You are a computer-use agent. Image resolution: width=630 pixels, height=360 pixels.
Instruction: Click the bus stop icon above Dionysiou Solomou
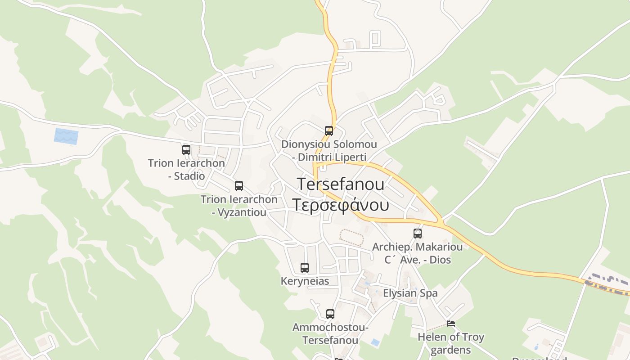tap(329, 131)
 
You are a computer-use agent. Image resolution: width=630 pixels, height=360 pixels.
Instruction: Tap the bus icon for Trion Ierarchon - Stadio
tap(186, 150)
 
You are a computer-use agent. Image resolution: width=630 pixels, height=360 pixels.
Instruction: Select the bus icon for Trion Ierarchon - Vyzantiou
tap(239, 185)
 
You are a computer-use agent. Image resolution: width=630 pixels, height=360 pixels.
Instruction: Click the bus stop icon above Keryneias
tap(305, 268)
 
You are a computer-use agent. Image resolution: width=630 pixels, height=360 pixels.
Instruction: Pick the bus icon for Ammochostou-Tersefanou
tap(330, 314)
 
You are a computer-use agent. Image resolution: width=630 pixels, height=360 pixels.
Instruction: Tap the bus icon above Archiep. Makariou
tap(418, 234)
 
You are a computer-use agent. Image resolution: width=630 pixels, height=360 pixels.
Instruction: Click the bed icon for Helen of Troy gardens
tap(451, 323)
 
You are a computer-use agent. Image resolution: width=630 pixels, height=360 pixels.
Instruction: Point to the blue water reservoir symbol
tap(66, 136)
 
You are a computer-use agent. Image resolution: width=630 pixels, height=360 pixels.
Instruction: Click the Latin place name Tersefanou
tap(341, 184)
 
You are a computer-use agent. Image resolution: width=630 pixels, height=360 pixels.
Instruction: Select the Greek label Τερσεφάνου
tap(341, 205)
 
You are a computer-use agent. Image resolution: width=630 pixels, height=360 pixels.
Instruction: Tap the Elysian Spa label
tap(410, 293)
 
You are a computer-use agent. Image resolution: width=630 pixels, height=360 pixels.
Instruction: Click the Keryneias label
tap(305, 281)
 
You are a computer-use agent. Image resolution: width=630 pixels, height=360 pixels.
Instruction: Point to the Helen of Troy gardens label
tap(451, 343)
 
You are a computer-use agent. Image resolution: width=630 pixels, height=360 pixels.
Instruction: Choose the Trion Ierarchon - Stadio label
tap(186, 169)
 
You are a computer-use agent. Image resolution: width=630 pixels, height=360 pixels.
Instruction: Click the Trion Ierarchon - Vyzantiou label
tap(239, 206)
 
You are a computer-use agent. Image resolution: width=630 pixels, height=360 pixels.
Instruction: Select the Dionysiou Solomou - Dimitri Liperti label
tap(329, 151)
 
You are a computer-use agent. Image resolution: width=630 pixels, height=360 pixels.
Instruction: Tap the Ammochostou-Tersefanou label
tap(330, 333)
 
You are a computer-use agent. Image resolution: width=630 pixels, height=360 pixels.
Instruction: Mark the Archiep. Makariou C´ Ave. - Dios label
tap(417, 253)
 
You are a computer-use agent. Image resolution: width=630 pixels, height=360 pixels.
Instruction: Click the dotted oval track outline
tap(351, 237)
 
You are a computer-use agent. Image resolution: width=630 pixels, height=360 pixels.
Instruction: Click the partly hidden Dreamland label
tap(539, 358)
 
